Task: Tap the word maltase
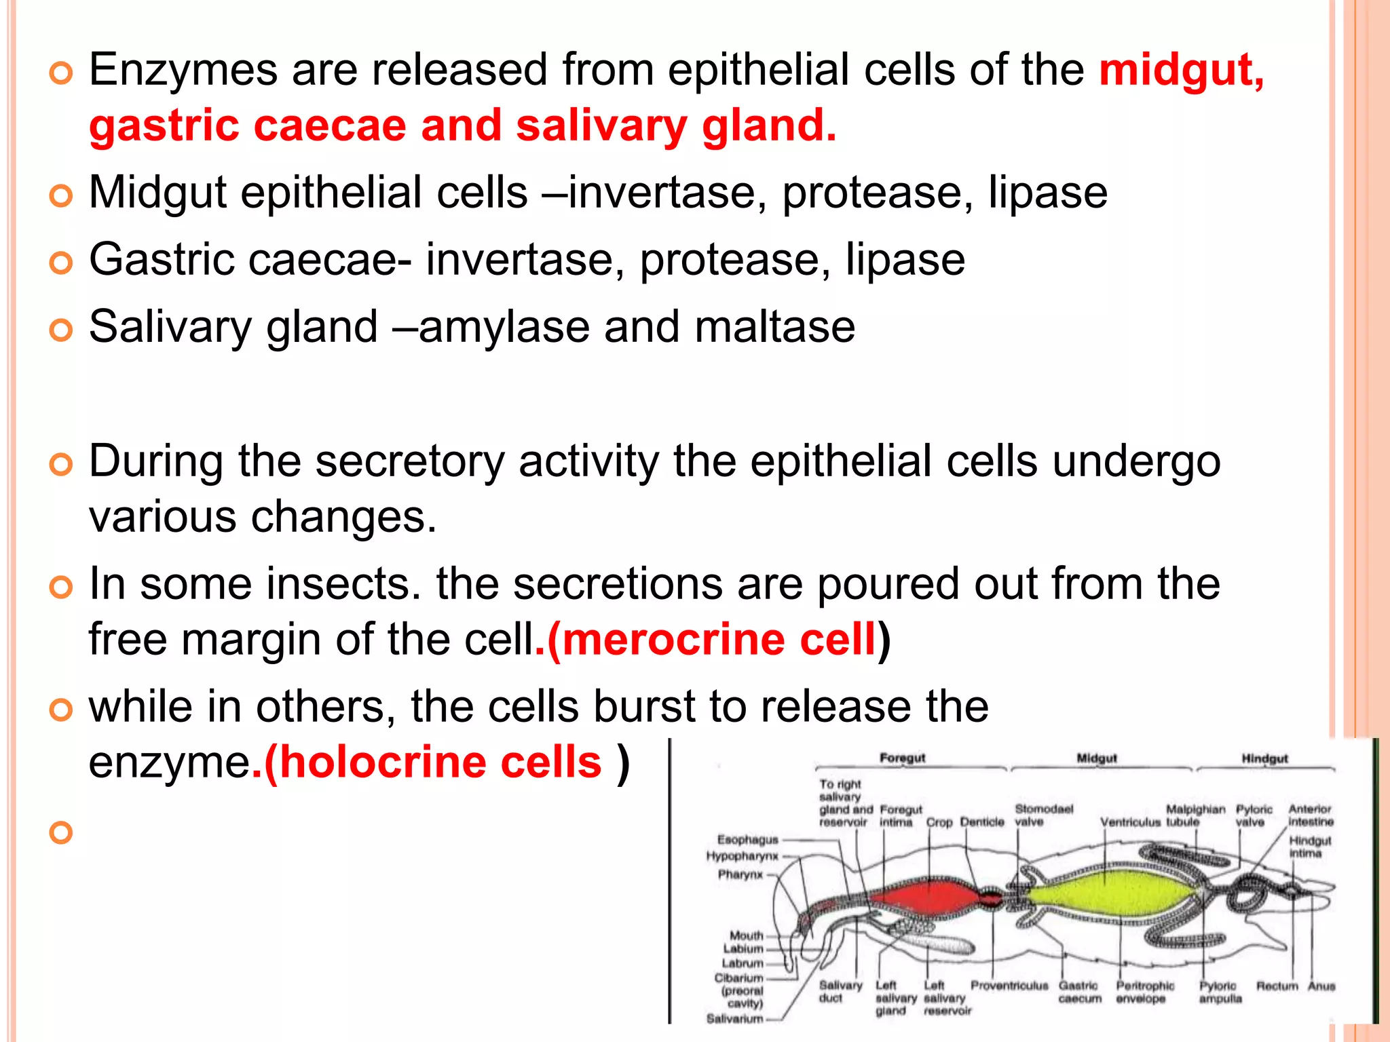click(x=774, y=328)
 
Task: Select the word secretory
click(x=410, y=462)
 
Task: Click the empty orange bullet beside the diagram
click(x=61, y=832)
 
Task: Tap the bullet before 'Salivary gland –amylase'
click(x=61, y=330)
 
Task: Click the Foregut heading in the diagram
click(x=902, y=758)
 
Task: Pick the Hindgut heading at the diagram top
click(x=1264, y=758)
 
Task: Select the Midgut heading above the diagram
click(x=1097, y=758)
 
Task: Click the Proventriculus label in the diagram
click(x=1009, y=985)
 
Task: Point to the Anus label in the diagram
click(x=1321, y=986)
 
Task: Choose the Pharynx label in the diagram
click(x=740, y=874)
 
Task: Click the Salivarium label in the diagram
click(x=734, y=1018)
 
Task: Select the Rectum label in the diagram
click(x=1277, y=986)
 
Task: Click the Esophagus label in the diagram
click(x=747, y=839)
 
